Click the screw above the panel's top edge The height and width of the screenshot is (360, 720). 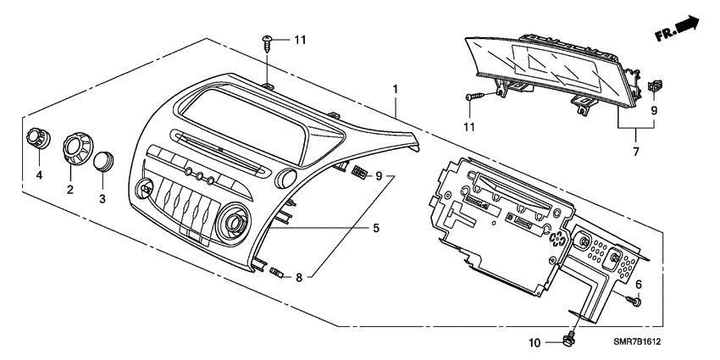coord(268,42)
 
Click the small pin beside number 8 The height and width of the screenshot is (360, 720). coord(276,273)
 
